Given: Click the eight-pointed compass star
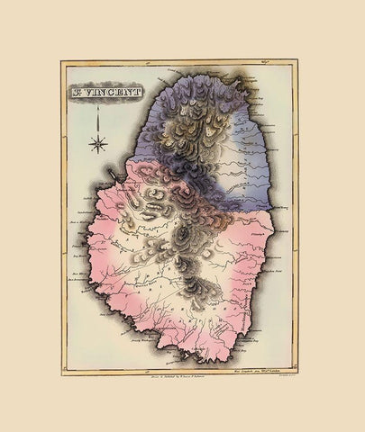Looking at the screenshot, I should [99, 142].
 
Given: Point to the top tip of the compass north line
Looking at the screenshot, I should [99, 114].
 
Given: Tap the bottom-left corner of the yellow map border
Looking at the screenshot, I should [63, 373].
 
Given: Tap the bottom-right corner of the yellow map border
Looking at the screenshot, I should [297, 373].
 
